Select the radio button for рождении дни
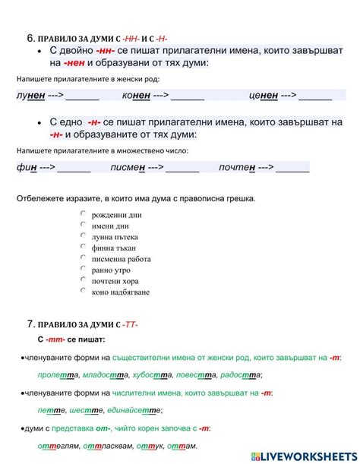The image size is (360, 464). pos(83,215)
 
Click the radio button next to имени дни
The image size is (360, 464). pos(83,226)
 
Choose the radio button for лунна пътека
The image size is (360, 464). pos(83,236)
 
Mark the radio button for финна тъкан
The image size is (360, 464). pos(83,248)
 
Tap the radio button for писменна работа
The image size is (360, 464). pos(83,258)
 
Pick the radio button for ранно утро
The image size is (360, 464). pos(83,270)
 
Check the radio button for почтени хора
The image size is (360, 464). pos(83,280)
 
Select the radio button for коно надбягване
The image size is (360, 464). pos(83,292)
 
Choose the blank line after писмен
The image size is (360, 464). pos(182,168)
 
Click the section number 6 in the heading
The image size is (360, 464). pos(30,36)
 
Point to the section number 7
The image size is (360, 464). pos(30,325)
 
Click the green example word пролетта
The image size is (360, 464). pos(55,375)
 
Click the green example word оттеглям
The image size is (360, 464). pos(57,446)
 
